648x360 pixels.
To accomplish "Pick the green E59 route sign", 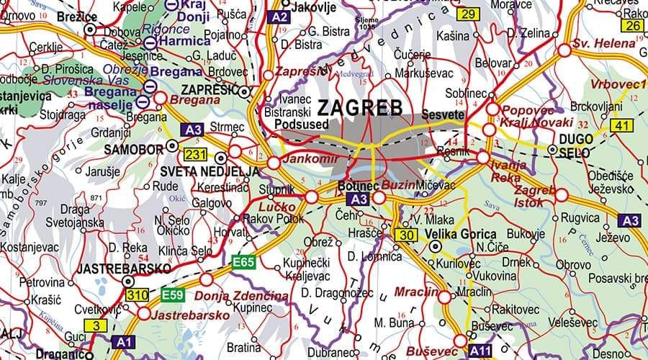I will [173, 294].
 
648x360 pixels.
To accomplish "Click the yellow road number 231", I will [195, 154].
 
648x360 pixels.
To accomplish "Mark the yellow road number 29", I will [468, 14].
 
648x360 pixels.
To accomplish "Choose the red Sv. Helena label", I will [604, 44].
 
